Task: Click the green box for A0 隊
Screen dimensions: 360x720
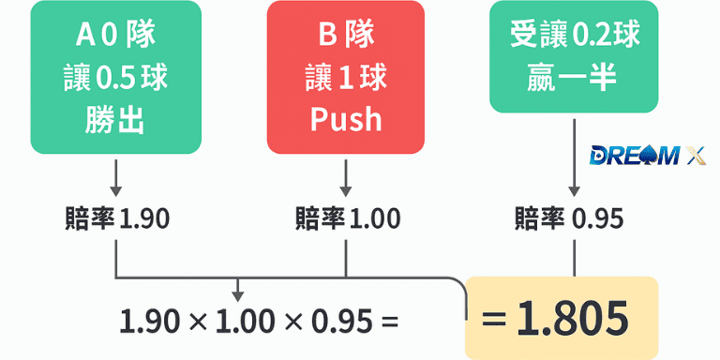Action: tap(115, 77)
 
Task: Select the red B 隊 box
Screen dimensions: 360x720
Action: tap(346, 77)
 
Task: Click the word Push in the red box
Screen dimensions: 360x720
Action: tap(346, 119)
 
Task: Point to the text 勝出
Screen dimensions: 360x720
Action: tap(115, 119)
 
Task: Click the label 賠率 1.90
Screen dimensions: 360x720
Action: tap(115, 218)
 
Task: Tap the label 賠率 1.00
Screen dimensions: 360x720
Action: tap(347, 218)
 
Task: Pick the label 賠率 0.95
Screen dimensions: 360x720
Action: tap(570, 218)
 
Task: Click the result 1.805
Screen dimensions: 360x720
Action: tap(572, 319)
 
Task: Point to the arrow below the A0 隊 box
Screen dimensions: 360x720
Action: tap(115, 176)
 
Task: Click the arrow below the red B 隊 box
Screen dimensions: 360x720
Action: tap(347, 176)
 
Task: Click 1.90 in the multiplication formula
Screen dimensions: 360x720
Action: tap(149, 322)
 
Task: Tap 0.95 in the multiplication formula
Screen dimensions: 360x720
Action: tap(334, 322)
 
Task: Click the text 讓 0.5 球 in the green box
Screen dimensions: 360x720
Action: tap(115, 78)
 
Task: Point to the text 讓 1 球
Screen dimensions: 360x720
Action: tap(346, 78)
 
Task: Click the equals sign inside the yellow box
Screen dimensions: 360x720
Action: tap(493, 320)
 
